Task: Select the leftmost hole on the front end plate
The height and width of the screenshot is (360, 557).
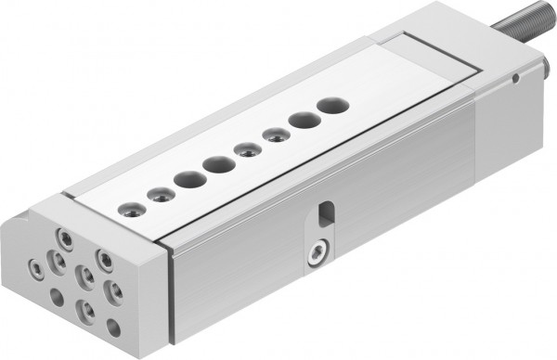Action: click(x=36, y=267)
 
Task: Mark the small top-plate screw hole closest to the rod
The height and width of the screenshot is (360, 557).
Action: click(x=275, y=135)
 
